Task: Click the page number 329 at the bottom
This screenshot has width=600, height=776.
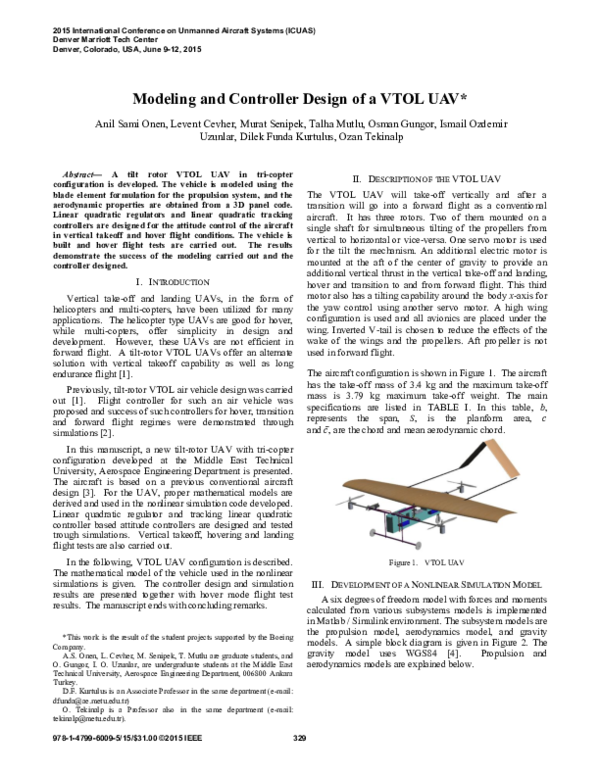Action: [x=299, y=766]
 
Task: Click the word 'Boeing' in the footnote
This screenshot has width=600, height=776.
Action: [x=277, y=607]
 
